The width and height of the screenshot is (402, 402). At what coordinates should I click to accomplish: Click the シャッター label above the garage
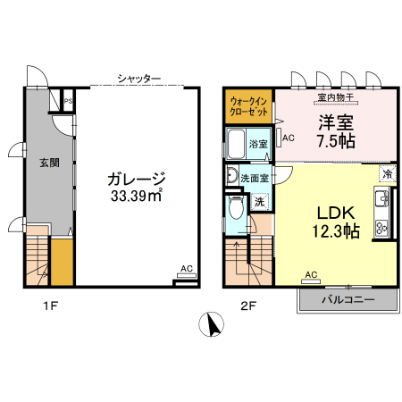138,79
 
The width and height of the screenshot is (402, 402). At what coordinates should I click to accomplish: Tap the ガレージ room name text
137,178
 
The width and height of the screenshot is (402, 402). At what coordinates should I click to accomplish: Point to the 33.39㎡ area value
136,196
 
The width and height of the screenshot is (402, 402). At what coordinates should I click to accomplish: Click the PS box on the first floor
68,101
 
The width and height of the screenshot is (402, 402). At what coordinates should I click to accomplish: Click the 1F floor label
51,306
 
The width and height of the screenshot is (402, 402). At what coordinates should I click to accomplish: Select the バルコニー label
347,301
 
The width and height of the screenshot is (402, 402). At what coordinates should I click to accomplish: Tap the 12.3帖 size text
336,231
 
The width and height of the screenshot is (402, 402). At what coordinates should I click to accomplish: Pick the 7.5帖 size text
334,141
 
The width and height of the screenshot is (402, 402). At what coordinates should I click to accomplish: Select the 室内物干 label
336,96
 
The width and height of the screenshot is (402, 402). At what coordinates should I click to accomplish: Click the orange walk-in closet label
247,107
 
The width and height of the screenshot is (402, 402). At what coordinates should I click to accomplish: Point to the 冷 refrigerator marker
387,172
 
